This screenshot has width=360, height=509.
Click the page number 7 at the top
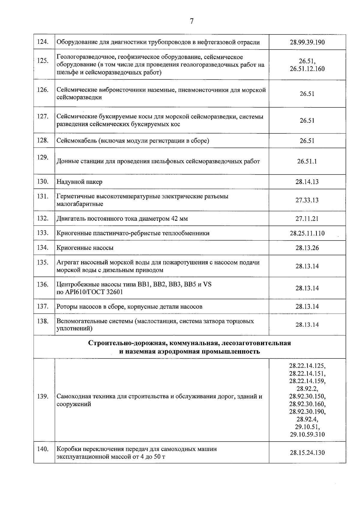[x=192, y=21]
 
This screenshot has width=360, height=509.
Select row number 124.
[x=43, y=42]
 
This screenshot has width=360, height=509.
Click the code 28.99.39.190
[x=307, y=42]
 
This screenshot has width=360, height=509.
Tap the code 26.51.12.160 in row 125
[x=307, y=69]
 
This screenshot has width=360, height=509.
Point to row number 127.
[x=43, y=116]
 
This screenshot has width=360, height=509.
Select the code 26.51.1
[x=307, y=161]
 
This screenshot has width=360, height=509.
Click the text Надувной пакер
[x=79, y=182]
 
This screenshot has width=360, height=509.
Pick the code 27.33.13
[x=307, y=200]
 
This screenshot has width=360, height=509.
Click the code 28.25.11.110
[x=307, y=233]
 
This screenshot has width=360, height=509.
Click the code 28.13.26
[x=307, y=248]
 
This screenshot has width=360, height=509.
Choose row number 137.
[x=43, y=306]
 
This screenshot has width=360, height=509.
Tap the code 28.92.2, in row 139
[x=307, y=389]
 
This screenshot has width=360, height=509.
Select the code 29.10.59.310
[x=307, y=434]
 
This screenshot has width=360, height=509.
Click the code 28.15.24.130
[x=307, y=453]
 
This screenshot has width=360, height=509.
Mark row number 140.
[x=43, y=449]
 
